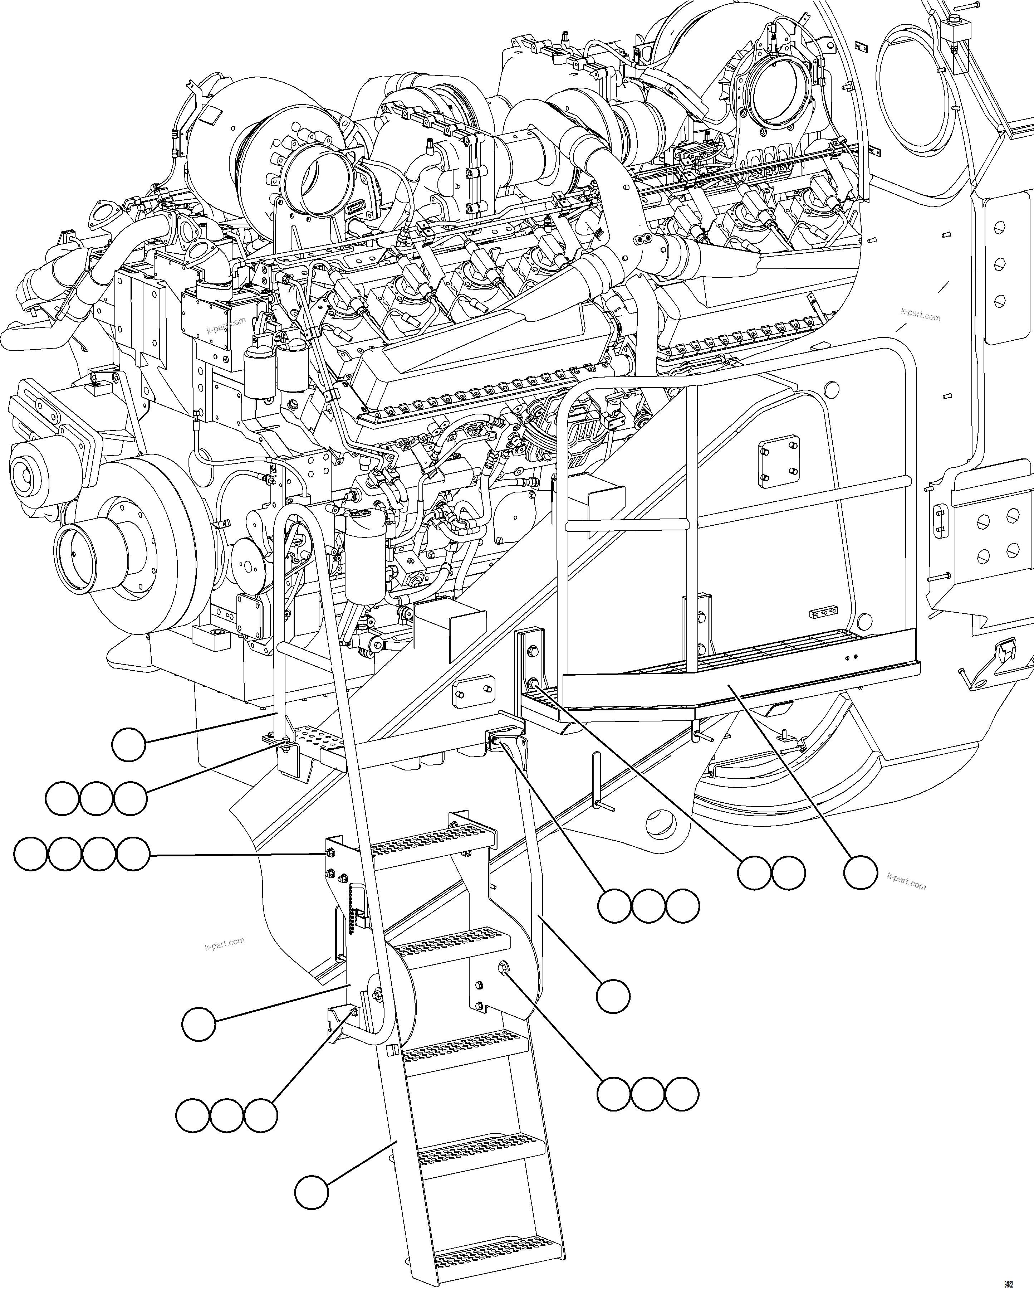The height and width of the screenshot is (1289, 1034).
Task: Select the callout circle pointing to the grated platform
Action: pos(861,872)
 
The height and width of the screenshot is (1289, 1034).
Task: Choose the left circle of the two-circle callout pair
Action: pos(754,872)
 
